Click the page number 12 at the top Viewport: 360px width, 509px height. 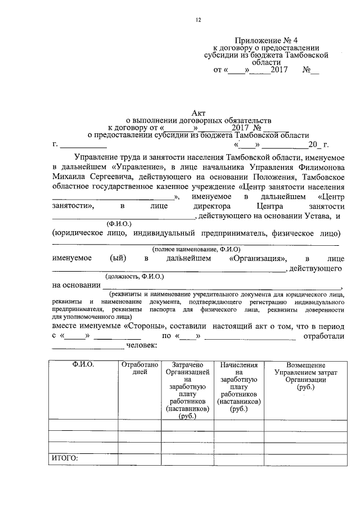[x=198, y=20]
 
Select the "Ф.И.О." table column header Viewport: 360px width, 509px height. [x=83, y=365]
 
